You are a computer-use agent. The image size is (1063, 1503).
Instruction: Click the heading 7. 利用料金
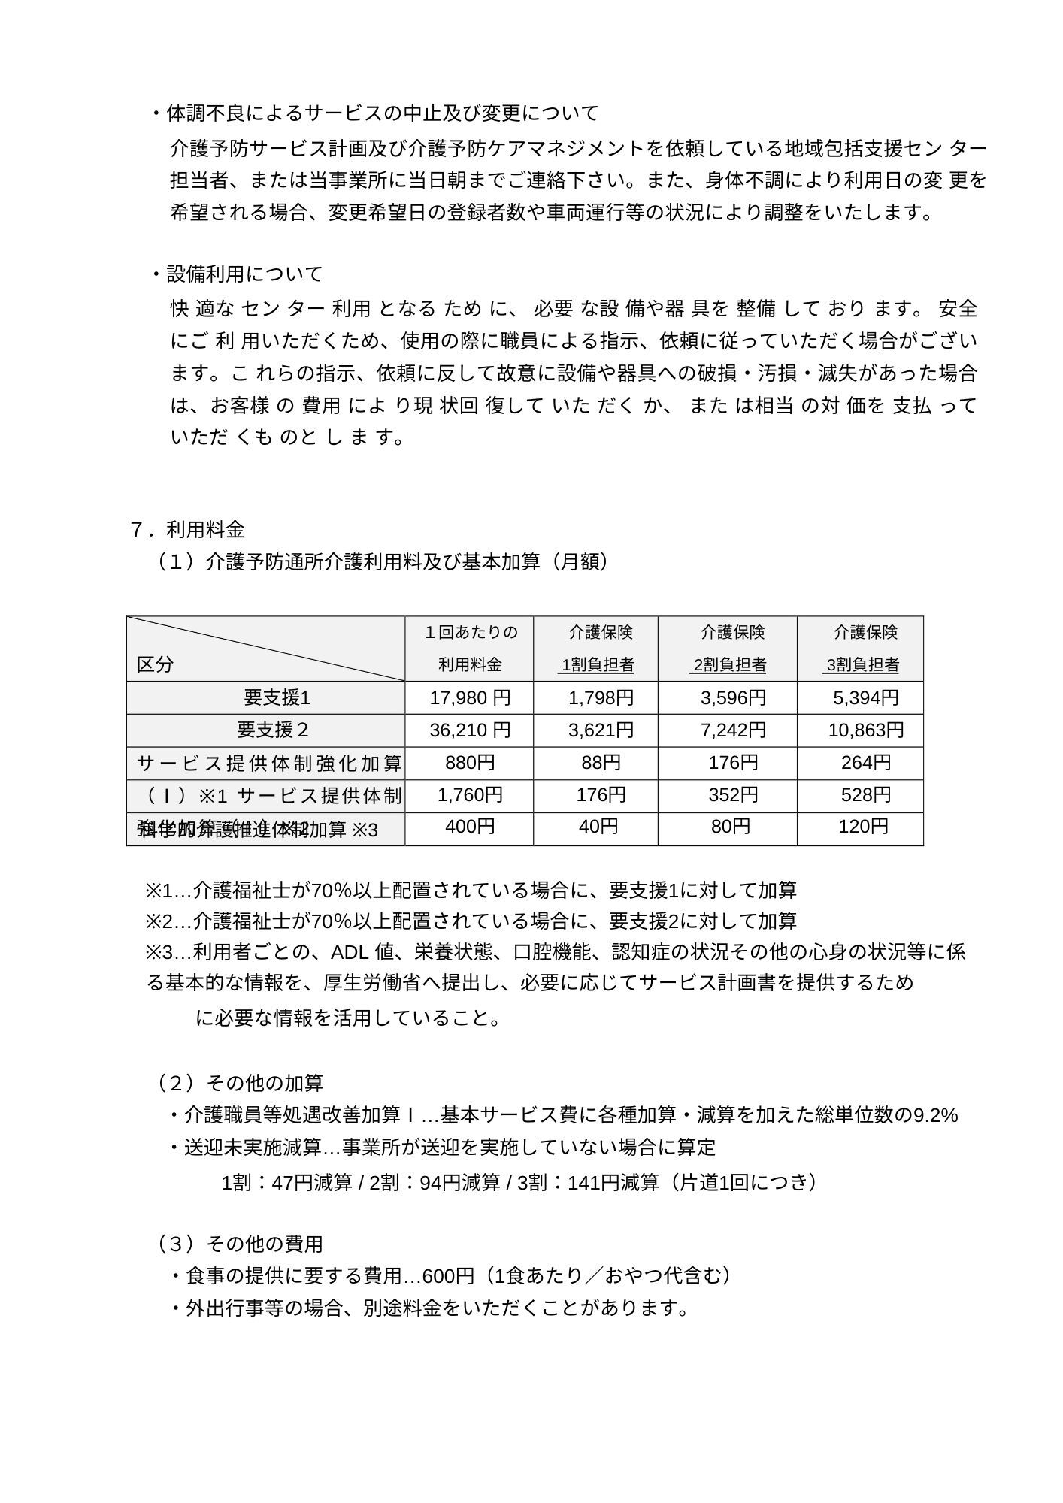coord(188,530)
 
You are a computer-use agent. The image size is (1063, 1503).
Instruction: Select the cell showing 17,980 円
coord(470,698)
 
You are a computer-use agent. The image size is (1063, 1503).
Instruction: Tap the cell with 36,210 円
coord(470,730)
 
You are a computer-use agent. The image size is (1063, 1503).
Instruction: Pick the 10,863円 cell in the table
coord(865,730)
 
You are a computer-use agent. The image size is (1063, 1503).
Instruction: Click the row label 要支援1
coord(277,698)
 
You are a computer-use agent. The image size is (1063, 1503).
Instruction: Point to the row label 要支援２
coord(273,730)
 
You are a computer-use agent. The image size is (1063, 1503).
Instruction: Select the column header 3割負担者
coord(862,665)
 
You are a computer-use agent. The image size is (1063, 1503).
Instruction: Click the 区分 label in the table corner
coord(155,664)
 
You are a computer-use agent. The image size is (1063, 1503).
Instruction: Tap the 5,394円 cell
coord(865,698)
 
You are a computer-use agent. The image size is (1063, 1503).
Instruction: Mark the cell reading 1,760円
coord(470,795)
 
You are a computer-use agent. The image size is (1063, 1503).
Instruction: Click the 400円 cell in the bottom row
coord(470,827)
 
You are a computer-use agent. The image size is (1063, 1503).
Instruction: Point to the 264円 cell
coord(865,763)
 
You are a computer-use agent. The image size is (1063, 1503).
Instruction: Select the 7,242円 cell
coord(733,730)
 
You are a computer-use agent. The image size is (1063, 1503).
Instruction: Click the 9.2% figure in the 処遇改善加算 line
coord(935,1116)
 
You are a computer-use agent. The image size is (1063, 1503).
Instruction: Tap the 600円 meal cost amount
coord(448,1277)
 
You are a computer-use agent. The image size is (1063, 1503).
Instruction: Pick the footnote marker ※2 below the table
coord(159,921)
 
